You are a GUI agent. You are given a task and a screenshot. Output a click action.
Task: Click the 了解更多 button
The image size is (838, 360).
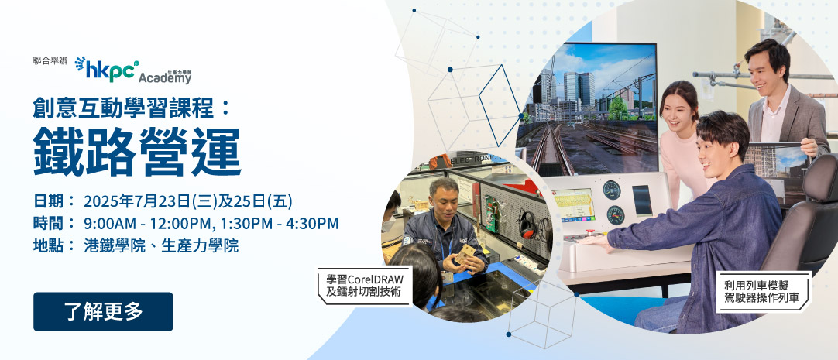coord(103,311)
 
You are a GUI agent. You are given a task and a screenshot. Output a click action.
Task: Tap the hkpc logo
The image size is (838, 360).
coord(107,70)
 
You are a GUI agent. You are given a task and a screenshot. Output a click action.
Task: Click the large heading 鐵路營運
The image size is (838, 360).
coord(137,153)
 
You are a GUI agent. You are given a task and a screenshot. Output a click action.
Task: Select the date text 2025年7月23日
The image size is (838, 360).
coord(137,201)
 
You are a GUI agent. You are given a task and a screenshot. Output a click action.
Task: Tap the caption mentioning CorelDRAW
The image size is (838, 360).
coord(365,286)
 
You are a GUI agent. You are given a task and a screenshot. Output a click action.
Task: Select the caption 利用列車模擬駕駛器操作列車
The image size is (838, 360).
coord(763,292)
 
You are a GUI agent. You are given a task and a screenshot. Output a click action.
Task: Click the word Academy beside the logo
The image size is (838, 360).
coord(165,78)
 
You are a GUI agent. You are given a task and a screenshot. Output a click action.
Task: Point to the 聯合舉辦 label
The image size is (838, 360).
coord(50,61)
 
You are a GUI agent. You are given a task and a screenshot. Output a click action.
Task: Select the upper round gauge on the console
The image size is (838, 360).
coord(611,190)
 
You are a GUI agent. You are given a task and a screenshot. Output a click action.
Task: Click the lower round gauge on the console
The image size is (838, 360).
coord(616,214)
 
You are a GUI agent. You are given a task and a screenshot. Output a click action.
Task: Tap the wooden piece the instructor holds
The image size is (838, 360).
coord(465,254)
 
